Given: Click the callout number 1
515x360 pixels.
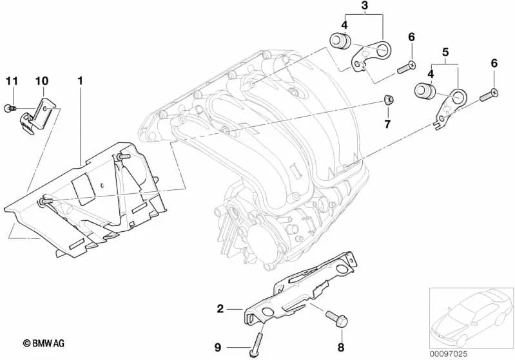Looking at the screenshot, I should click(80, 82).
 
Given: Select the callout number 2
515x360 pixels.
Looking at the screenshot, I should click(220, 309).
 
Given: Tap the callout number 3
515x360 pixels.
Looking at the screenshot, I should click(364, 8).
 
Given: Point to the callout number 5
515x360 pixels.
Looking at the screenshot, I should click(445, 49).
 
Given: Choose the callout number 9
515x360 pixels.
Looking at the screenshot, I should click(218, 348).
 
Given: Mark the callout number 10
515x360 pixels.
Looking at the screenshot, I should click(41, 81).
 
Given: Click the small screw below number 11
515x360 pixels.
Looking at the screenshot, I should click(9, 109).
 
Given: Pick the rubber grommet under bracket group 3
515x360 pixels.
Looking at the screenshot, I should click(339, 41).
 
